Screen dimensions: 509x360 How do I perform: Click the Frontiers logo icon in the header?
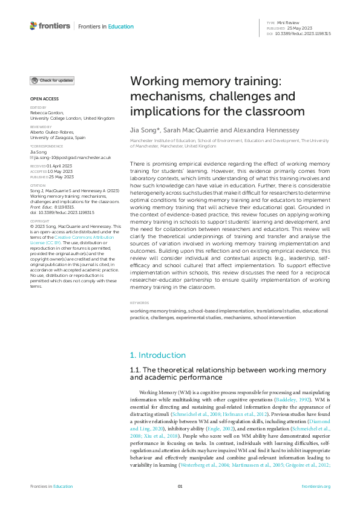(33, 26)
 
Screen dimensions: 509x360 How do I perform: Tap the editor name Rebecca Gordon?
(45, 112)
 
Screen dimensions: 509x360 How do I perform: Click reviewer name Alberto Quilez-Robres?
(52, 132)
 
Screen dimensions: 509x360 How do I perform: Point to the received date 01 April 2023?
(61, 165)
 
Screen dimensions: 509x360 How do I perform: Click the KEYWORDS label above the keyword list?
(139, 303)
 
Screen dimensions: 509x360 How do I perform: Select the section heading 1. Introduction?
(158, 355)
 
